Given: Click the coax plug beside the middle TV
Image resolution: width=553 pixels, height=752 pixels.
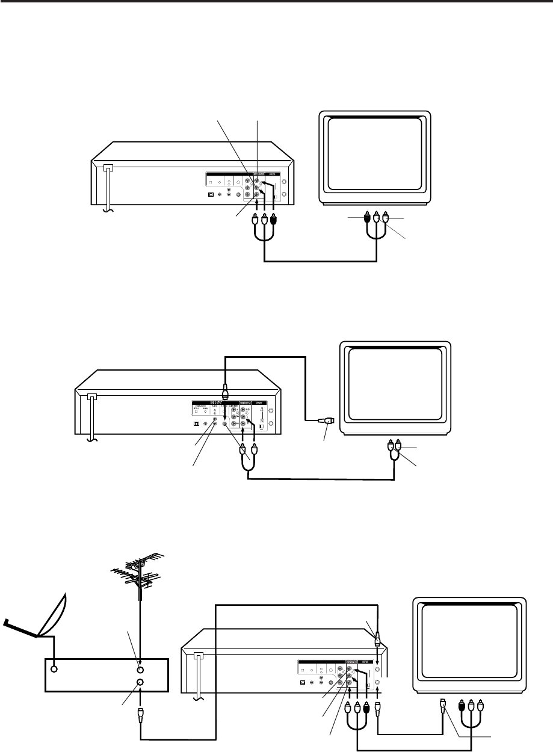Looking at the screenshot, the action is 326,421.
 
